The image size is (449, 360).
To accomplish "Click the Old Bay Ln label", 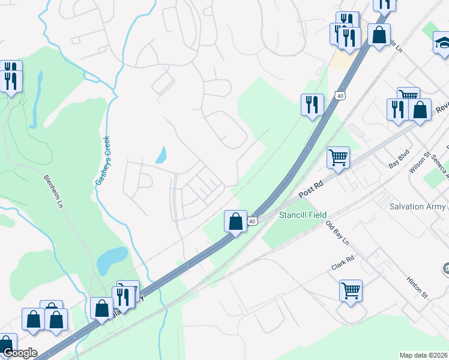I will pyautogui.click(x=337, y=235).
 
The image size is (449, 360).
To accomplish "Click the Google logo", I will pyautogui.click(x=19, y=353).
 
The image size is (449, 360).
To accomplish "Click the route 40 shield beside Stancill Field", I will pyautogui.click(x=253, y=221).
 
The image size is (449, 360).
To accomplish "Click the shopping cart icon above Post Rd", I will pyautogui.click(x=339, y=158).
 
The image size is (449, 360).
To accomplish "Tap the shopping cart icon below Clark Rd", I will pyautogui.click(x=351, y=290).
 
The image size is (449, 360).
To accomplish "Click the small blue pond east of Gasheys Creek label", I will pyautogui.click(x=161, y=155).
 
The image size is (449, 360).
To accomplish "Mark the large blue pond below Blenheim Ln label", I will pyautogui.click(x=112, y=259).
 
